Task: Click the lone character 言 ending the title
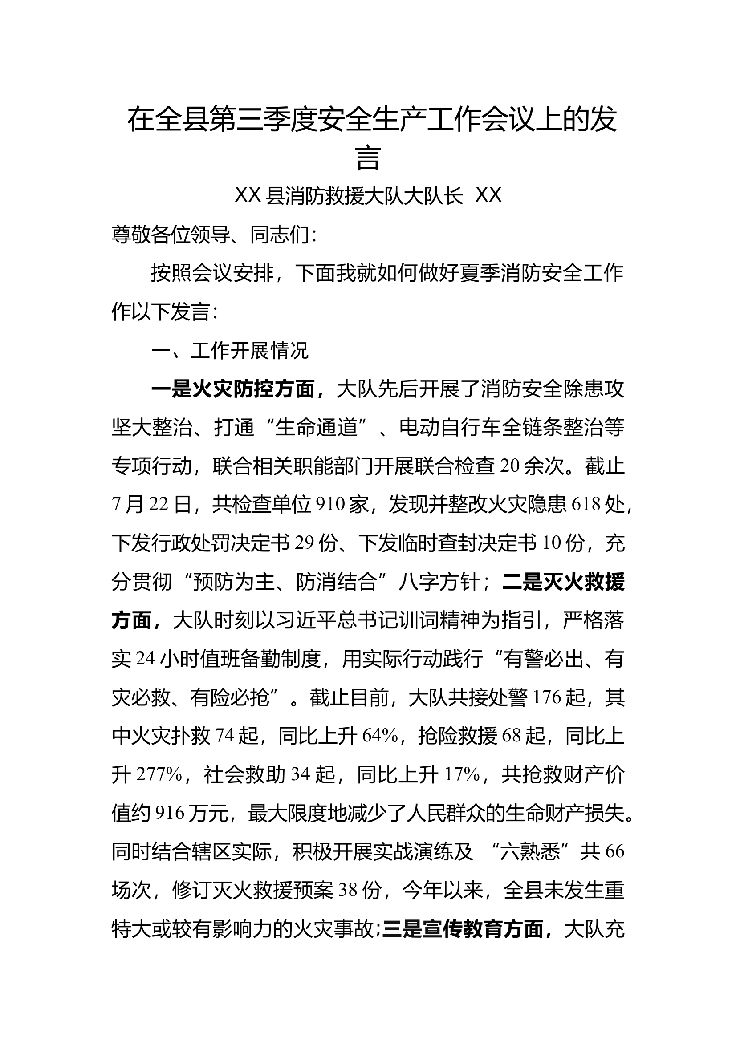(368, 158)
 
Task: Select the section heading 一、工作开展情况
(230, 350)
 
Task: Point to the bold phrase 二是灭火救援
(564, 582)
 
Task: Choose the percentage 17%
(462, 775)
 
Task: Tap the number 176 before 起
(546, 698)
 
